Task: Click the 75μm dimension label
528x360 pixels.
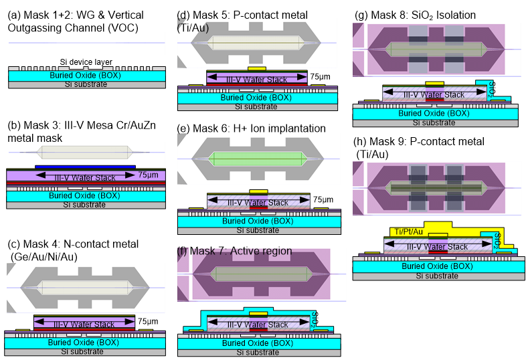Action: click(147, 175)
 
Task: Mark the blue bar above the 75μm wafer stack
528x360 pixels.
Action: click(85, 167)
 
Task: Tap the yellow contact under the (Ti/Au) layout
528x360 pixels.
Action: click(256, 68)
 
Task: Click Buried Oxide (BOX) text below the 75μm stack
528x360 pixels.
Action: click(85, 196)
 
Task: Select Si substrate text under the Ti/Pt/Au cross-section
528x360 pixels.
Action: click(437, 276)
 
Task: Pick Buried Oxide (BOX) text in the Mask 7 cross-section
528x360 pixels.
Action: click(258, 343)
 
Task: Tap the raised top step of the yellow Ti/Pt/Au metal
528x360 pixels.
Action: click(438, 225)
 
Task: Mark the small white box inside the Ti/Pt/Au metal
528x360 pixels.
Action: click(438, 236)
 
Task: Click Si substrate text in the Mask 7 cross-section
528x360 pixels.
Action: click(259, 352)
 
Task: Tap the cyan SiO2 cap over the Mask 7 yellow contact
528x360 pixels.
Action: click(258, 310)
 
